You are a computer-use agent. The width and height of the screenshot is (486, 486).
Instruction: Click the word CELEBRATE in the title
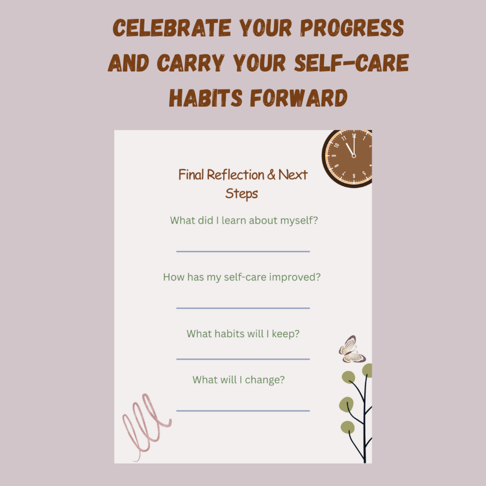[x=172, y=28]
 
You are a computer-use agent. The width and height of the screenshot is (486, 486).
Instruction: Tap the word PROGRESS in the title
[x=352, y=28]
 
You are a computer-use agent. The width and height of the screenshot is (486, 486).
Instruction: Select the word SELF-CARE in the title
[x=352, y=63]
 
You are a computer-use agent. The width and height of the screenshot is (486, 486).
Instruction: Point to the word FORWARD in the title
[x=298, y=98]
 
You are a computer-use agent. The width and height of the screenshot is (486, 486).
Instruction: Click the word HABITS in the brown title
[x=206, y=98]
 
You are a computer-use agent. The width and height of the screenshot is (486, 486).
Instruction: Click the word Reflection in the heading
[x=235, y=175]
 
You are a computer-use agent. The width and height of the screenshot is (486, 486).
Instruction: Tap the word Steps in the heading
[x=241, y=194]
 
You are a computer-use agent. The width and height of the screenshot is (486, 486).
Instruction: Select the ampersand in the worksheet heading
[x=271, y=175]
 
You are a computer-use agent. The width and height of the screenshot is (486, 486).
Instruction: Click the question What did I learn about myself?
[x=244, y=221]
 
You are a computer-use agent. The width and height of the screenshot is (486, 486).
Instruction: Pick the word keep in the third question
[x=286, y=334]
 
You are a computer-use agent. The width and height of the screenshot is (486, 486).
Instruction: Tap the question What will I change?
[x=238, y=380]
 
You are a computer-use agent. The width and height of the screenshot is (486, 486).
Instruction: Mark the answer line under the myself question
[x=243, y=251]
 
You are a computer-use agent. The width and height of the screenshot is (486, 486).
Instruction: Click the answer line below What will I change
[x=243, y=411]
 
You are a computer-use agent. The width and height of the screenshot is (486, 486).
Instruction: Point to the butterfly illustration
[x=352, y=350]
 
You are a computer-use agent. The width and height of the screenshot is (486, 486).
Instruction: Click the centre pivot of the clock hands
[x=353, y=156]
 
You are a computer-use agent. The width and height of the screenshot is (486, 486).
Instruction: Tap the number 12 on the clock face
[x=354, y=135]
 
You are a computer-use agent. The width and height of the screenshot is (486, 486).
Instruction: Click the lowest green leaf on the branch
[x=347, y=427]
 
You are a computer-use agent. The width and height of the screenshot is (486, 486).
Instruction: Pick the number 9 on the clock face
[x=334, y=156]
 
